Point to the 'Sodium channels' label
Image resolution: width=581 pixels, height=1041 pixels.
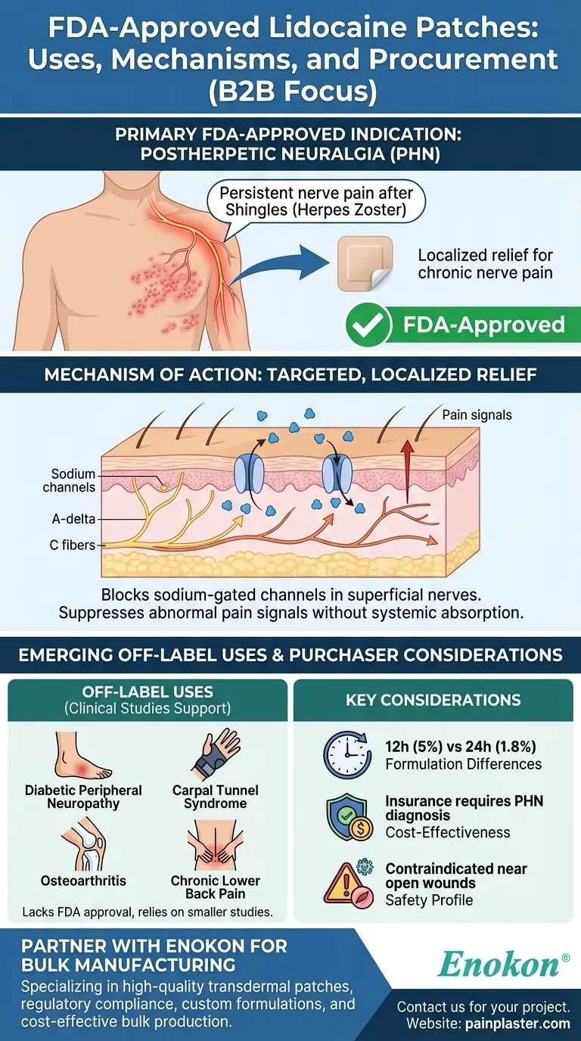click(x=70, y=480)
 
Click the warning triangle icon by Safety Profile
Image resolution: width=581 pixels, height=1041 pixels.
click(x=346, y=883)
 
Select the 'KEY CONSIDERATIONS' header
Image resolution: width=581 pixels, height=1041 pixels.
click(x=433, y=700)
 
